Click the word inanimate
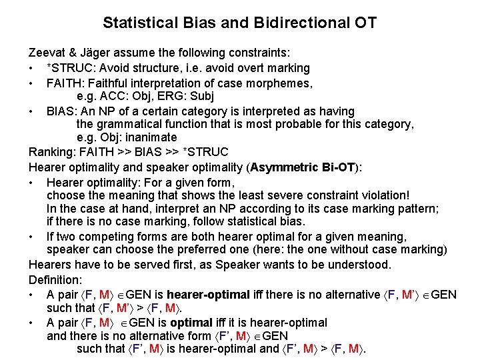pos(155,139)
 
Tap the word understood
pos(358,265)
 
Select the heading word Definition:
pos(55,279)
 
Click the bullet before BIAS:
pos(32,110)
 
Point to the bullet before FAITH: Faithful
pos(32,82)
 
